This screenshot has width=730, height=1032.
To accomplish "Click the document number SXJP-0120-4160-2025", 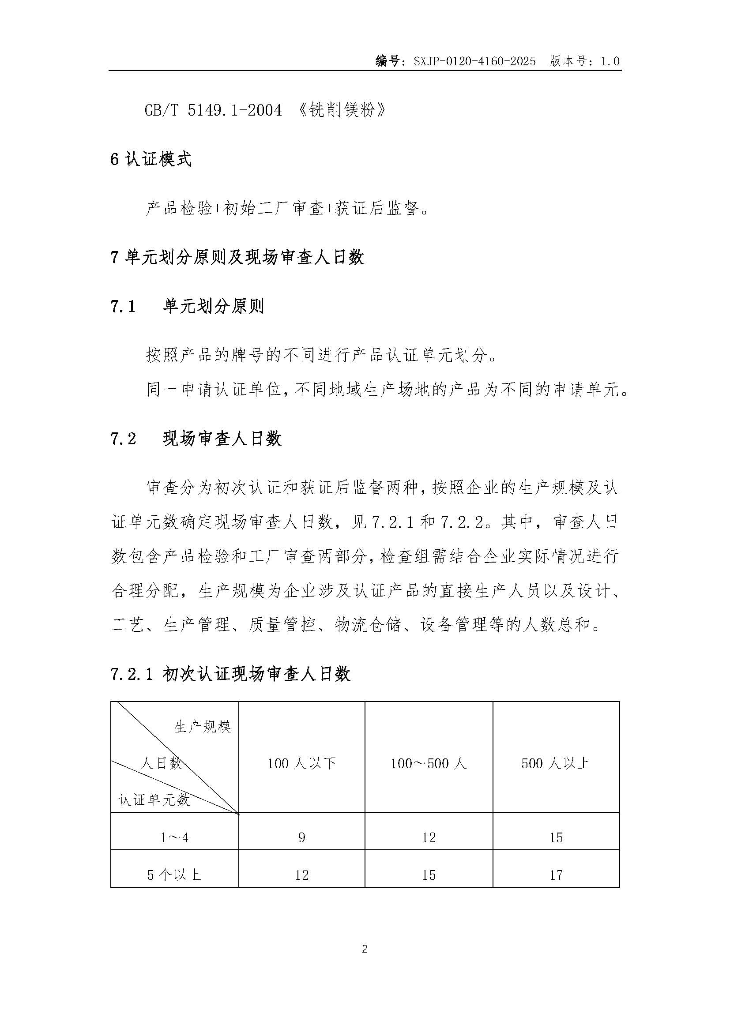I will coord(475,62).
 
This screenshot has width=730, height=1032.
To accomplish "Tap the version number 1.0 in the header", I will coord(610,62).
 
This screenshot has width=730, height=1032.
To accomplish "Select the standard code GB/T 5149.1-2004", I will coord(213,110).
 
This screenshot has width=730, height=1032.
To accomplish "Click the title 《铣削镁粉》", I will coord(342,110).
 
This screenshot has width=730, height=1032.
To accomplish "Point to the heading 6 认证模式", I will coord(151,160).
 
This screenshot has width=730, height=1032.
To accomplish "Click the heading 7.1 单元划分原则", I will coord(187,307).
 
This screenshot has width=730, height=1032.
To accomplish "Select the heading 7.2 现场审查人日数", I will coord(196,439).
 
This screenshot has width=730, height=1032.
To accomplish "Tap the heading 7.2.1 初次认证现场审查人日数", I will coord(230,674).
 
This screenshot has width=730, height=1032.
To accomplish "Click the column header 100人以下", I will coord(301,763).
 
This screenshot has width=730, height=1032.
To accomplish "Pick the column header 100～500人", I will coord(429,763).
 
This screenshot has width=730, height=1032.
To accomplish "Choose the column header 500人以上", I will coord(556,763).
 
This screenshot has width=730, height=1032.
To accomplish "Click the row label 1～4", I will coord(174,837).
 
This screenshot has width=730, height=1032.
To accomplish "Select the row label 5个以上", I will coord(174,874).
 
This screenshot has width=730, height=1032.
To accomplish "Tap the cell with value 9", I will coord(301,837).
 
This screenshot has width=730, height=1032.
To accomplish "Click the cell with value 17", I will coord(556,874).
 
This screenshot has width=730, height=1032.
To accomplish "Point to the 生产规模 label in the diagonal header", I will coord(203,727).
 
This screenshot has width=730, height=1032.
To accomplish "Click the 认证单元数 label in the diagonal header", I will coord(154,799).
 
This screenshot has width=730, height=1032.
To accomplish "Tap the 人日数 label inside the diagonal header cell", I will coord(162,763).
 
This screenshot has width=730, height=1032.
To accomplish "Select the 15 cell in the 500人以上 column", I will coord(556,837).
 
